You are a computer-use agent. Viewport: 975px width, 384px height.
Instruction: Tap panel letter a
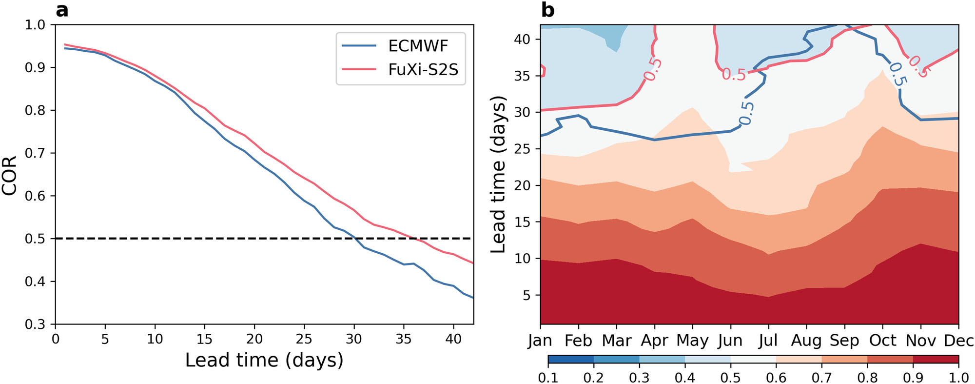pos(62,10)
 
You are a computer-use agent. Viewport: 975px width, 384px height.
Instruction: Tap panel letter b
pos(547,10)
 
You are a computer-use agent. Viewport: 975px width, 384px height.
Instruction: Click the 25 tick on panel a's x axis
pos(304,339)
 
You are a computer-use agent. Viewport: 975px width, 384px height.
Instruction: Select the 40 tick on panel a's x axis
pos(453,339)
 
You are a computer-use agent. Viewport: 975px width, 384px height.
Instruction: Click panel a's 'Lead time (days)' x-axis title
pos(264,361)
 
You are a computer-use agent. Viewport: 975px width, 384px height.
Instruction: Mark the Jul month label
pos(768,341)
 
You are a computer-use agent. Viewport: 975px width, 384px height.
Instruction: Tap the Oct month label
pos(882,341)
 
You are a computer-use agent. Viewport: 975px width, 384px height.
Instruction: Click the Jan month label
pos(540,341)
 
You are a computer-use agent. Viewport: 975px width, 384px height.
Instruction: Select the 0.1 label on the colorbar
pos(548,378)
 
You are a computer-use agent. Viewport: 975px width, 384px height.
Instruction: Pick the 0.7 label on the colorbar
pos(822,378)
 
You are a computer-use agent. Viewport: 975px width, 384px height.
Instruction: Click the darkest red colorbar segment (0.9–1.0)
pos(936,360)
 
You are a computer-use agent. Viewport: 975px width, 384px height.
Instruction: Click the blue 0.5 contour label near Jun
pos(746,114)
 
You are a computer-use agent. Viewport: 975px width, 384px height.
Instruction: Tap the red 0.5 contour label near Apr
pos(652,69)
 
